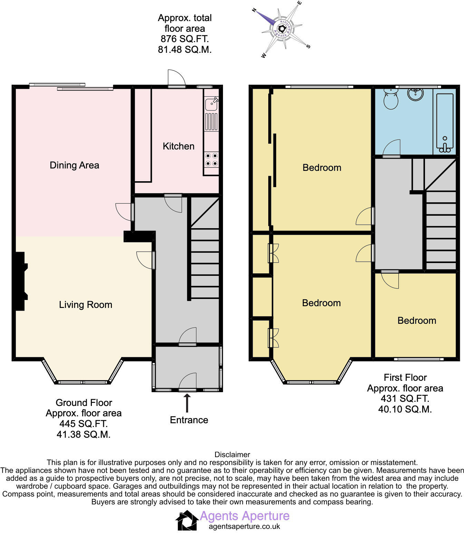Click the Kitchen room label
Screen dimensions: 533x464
(x=178, y=146)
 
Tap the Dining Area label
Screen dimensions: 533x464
(x=74, y=165)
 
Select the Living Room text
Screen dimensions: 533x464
(x=85, y=304)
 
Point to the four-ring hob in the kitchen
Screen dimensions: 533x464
(x=211, y=159)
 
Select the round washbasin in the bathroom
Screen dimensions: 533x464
(x=415, y=94)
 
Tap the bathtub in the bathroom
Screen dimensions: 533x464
(x=445, y=123)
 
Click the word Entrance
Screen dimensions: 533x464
(x=189, y=420)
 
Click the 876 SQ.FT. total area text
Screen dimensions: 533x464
(x=184, y=39)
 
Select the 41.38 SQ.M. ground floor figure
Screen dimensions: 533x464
(x=84, y=434)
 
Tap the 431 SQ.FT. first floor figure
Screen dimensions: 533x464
(x=405, y=398)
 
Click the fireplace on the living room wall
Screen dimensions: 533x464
(x=20, y=281)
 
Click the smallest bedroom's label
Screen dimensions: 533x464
(x=417, y=320)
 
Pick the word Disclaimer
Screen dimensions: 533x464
(x=232, y=454)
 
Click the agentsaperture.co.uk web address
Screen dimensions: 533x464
(x=244, y=526)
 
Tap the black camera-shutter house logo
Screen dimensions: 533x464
(x=187, y=520)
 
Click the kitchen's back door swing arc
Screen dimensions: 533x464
(x=177, y=77)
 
